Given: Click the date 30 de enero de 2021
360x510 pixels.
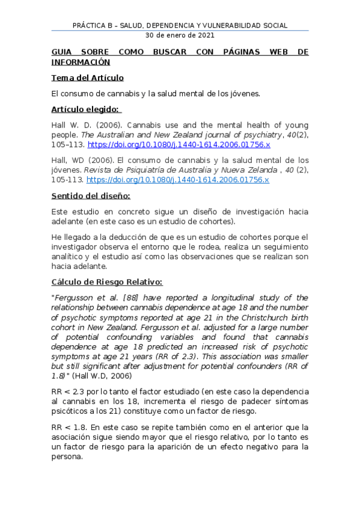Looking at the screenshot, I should tap(180, 35).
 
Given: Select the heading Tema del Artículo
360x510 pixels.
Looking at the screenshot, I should tap(87, 78).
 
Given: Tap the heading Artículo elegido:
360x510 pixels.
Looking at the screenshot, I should tap(86, 109).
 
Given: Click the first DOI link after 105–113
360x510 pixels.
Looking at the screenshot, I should tap(178, 145).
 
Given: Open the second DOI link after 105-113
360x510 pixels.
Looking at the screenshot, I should tap(177, 179).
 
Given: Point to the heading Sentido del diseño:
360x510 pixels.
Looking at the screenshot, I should tap(90, 196).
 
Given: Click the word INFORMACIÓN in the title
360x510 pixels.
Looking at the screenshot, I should tap(81, 61).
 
